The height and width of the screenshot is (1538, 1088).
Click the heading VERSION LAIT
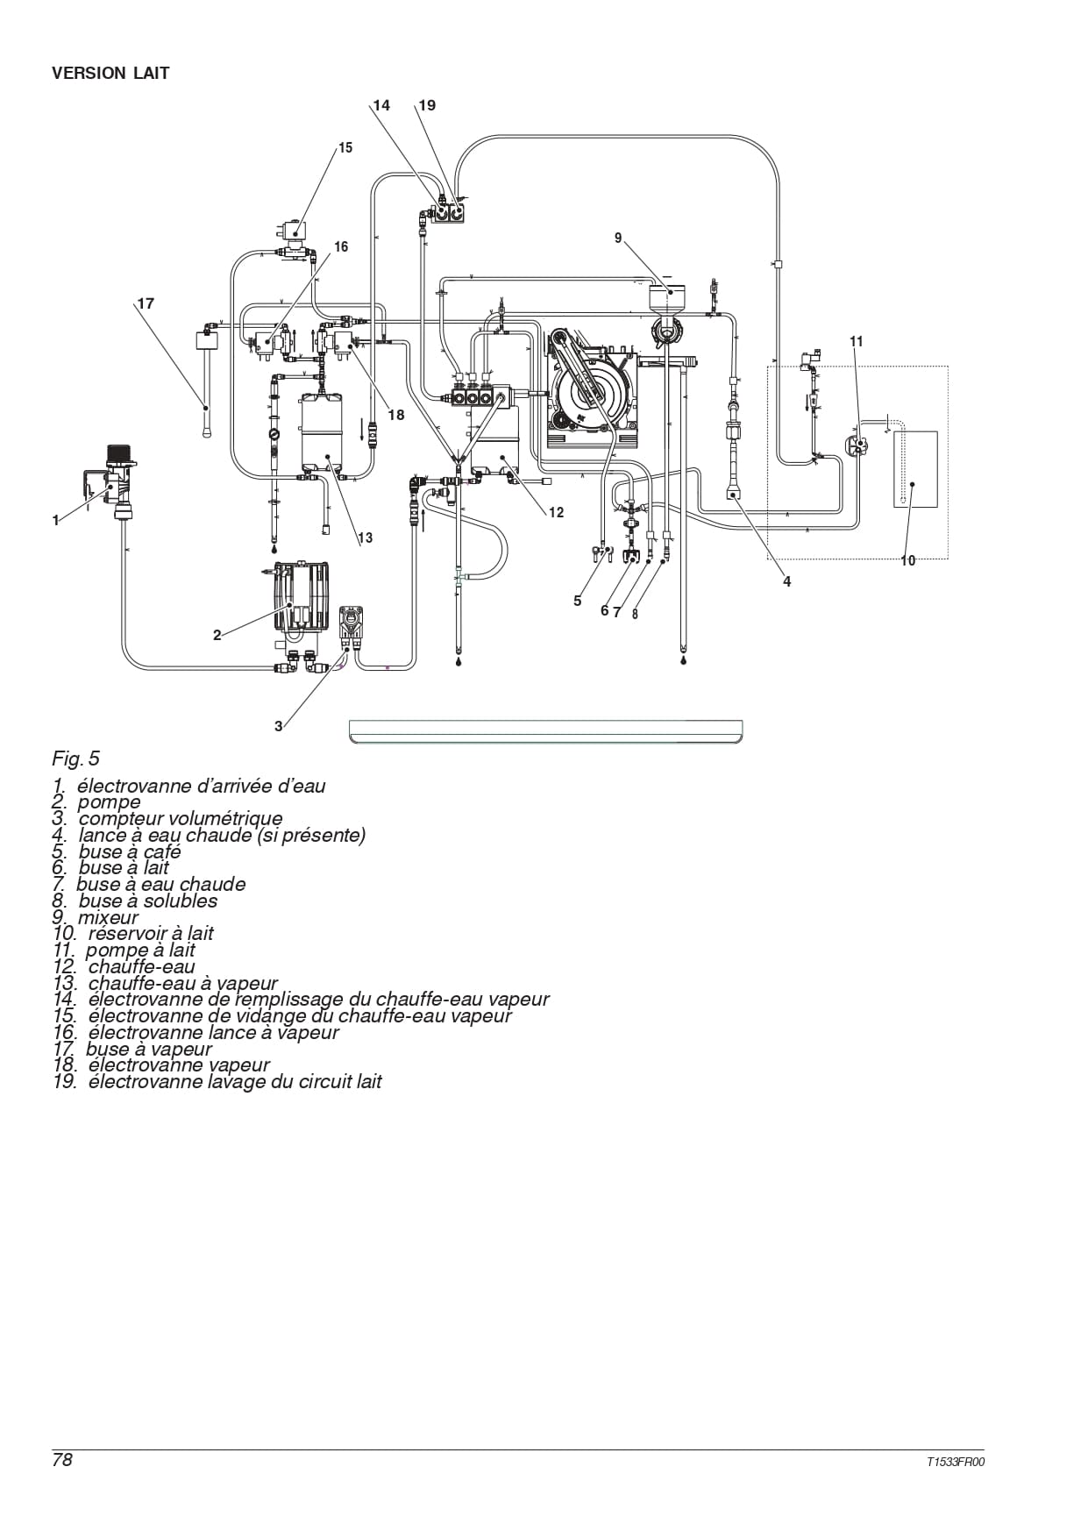coord(110,74)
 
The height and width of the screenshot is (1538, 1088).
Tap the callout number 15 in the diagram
coord(345,148)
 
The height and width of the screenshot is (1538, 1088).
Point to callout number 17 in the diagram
coord(146,303)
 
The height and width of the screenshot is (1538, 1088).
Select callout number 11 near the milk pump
coord(857,341)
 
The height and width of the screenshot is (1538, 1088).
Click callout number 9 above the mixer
coord(618,239)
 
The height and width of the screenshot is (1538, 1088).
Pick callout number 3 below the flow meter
coord(279,726)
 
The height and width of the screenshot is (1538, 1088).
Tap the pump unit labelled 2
coord(302,598)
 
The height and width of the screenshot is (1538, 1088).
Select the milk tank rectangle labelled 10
coord(915,468)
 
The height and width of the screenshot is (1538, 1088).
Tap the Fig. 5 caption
coord(76,758)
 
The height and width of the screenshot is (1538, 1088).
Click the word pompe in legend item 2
coord(109,803)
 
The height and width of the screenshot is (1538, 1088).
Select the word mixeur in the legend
coord(109,918)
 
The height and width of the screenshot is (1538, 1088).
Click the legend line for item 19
coord(217,1082)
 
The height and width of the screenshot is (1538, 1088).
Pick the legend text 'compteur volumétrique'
coord(181,819)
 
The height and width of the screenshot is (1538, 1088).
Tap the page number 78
coord(62,1460)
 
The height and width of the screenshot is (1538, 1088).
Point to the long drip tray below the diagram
coord(545,731)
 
